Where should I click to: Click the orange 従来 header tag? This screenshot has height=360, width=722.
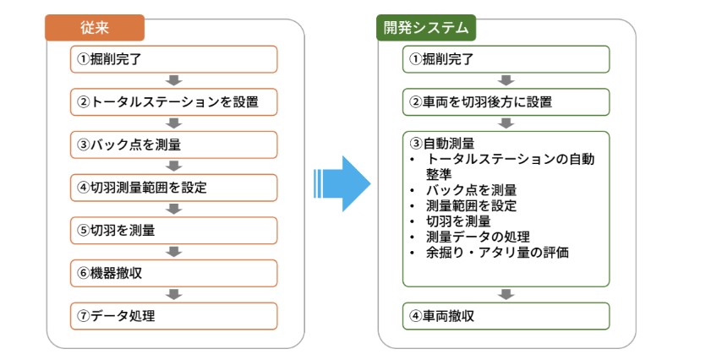click(95, 28)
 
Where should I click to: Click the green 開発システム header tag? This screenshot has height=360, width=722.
click(426, 28)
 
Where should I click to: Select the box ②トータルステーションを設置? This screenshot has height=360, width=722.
click(174, 101)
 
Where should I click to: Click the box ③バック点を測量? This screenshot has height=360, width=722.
click(174, 145)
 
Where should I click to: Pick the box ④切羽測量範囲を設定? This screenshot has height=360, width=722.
click(174, 188)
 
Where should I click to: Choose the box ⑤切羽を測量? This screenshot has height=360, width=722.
click(174, 230)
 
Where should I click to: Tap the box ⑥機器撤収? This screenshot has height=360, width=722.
click(174, 273)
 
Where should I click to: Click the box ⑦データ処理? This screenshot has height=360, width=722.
click(174, 316)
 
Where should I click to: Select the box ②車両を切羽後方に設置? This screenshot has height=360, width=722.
click(506, 101)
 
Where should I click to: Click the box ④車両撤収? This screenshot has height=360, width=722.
click(506, 316)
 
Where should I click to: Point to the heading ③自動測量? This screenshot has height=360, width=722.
click(441, 144)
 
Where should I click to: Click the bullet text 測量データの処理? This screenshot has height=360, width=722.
click(478, 237)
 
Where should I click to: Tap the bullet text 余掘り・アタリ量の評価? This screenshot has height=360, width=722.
click(497, 253)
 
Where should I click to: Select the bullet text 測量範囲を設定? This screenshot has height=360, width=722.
click(472, 205)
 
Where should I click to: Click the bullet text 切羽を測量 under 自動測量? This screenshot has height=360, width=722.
click(458, 221)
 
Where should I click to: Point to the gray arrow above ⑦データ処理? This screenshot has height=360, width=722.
click(174, 295)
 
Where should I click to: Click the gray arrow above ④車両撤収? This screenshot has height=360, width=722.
click(506, 295)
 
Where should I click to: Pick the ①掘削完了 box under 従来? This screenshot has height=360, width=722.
click(174, 59)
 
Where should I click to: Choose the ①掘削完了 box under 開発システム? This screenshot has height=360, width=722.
click(506, 59)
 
